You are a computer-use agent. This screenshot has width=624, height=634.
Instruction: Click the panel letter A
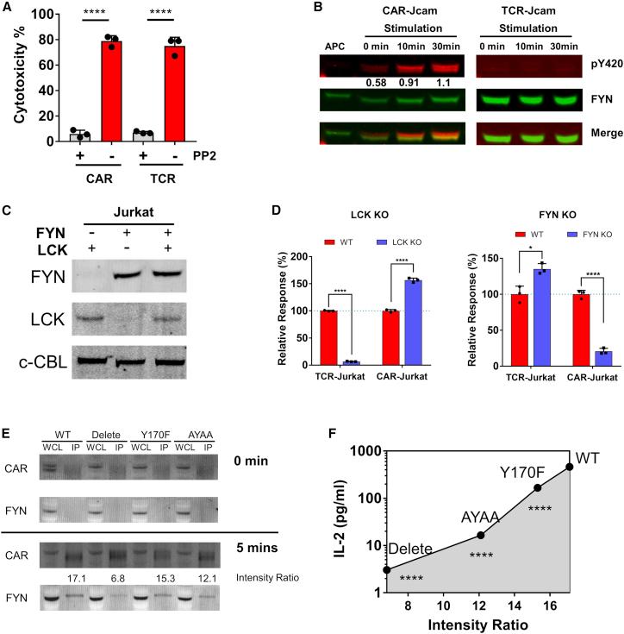tap(8, 9)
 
